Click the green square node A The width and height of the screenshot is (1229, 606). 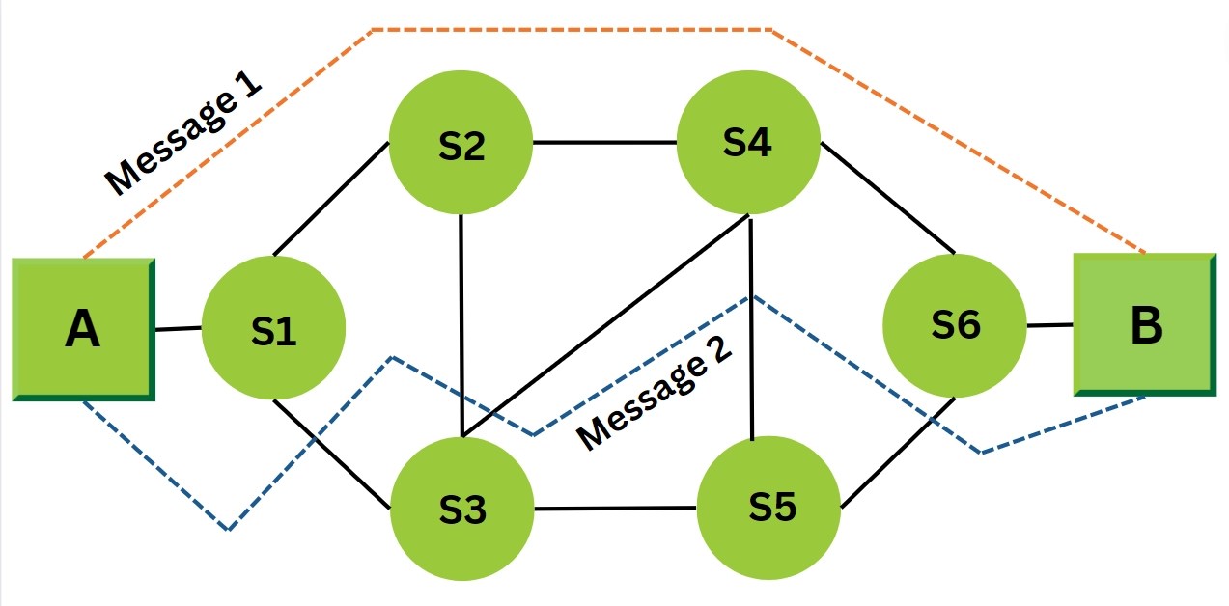click(x=84, y=329)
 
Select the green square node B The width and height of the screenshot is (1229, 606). click(x=1144, y=325)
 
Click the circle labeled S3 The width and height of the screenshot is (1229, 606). click(x=461, y=509)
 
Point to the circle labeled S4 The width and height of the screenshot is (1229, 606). click(x=748, y=142)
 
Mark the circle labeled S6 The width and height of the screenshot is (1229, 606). click(x=955, y=325)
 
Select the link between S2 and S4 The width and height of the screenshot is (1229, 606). click(x=604, y=143)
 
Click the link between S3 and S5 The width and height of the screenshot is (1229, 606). click(x=615, y=508)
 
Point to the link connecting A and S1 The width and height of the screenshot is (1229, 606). click(x=179, y=329)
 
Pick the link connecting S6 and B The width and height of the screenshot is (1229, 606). click(x=1049, y=325)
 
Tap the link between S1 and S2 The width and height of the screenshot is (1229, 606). click(x=331, y=200)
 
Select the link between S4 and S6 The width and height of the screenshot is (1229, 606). click(x=887, y=199)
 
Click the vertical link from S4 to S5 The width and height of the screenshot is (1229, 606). click(x=750, y=328)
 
